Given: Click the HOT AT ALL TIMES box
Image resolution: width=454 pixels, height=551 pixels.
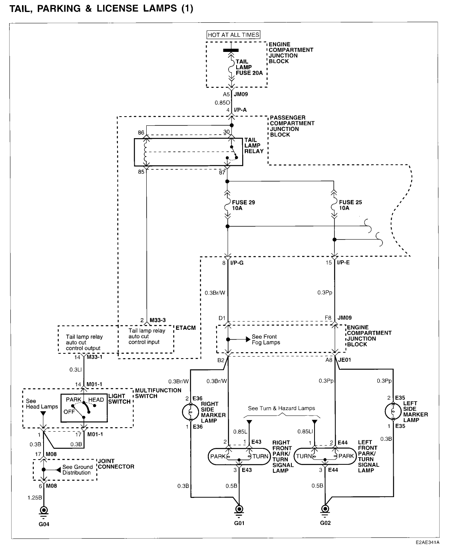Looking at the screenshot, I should pos(233,35).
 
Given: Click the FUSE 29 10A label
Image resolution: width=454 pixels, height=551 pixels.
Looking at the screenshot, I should pos(243,205).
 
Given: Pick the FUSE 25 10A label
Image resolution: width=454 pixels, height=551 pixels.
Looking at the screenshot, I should pos(350,205).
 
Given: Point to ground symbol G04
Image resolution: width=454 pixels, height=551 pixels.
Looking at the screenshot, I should pos(44,511).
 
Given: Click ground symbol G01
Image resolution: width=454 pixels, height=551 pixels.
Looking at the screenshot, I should pos(239,509).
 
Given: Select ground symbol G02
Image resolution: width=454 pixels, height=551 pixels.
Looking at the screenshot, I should pos(326,509).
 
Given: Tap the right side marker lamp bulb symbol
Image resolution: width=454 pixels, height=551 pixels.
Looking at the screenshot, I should pos(191,412).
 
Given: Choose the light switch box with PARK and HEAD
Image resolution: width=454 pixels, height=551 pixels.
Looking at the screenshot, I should pos(84,408).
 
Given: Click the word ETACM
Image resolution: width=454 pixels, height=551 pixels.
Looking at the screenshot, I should pos(186,328).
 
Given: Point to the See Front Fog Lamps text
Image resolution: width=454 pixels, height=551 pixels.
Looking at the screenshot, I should pos(266,339).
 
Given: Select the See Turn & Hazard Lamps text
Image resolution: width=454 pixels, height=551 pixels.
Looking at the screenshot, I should pos(281,408).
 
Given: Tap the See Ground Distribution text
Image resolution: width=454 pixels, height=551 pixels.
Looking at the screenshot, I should pos(78,470).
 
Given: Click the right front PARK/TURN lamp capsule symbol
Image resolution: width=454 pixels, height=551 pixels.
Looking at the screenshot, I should pos(239,456).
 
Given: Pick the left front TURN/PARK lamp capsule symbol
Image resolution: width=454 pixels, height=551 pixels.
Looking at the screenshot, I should pos(325,456).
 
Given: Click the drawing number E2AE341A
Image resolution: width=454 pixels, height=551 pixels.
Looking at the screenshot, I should pos(427,543).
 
